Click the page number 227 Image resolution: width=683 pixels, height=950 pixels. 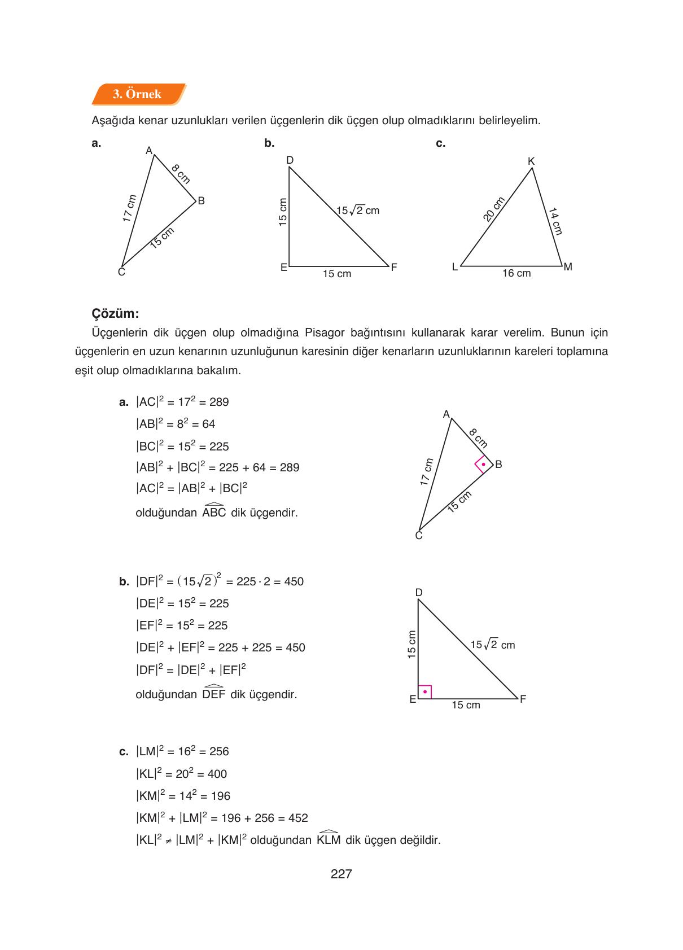(x=341, y=874)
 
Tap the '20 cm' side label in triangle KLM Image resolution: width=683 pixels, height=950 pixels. (x=493, y=209)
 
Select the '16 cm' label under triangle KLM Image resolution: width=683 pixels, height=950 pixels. (x=516, y=273)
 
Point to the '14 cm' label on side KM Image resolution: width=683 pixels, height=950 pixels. (x=555, y=221)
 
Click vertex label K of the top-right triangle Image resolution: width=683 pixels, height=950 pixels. (x=531, y=161)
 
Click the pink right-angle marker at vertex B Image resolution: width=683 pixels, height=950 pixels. (x=483, y=465)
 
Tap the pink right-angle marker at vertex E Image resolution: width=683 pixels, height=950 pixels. (x=425, y=691)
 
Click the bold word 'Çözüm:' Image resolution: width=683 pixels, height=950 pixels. (x=115, y=313)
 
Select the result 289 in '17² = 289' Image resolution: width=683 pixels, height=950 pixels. (x=219, y=402)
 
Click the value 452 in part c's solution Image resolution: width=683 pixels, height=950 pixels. (x=297, y=818)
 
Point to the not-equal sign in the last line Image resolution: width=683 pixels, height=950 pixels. (x=168, y=840)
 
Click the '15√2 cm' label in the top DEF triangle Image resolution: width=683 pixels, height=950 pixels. (x=358, y=211)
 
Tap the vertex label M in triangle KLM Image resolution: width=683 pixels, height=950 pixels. (x=568, y=267)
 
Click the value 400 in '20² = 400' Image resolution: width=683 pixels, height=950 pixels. (x=217, y=774)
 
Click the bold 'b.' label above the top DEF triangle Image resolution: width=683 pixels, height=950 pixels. (x=269, y=143)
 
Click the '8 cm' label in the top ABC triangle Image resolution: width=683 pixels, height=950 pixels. (x=181, y=174)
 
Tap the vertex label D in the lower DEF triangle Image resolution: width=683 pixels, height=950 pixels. (x=419, y=592)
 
